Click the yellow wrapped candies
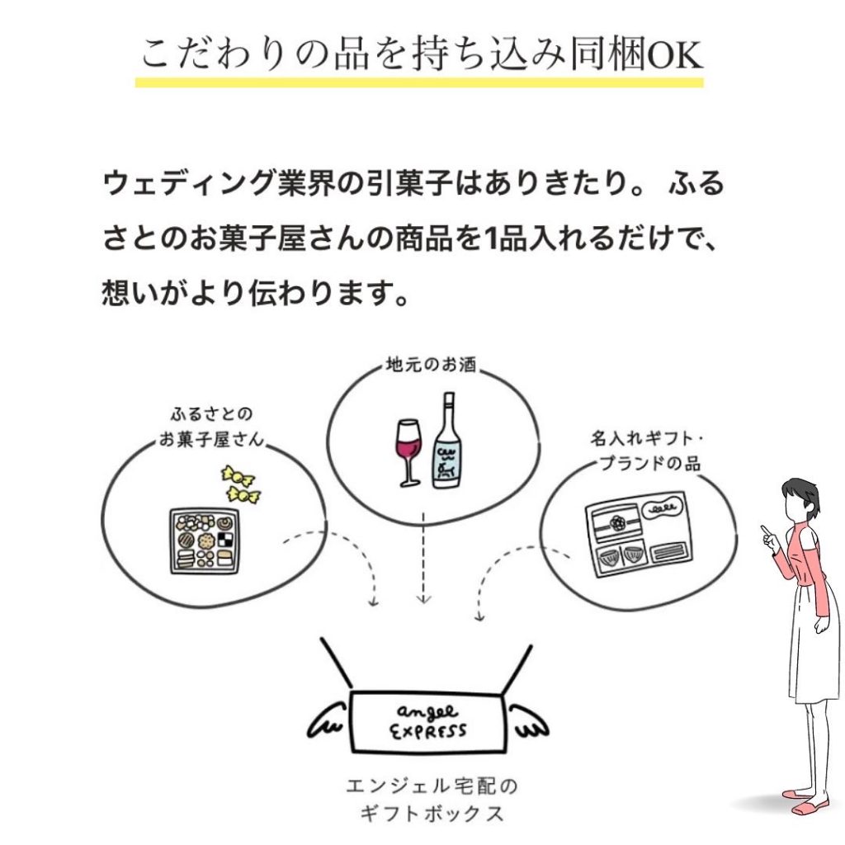(240, 484)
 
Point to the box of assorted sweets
(202, 540)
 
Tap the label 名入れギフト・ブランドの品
(644, 451)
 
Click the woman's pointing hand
(769, 537)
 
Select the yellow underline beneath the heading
(419, 83)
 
